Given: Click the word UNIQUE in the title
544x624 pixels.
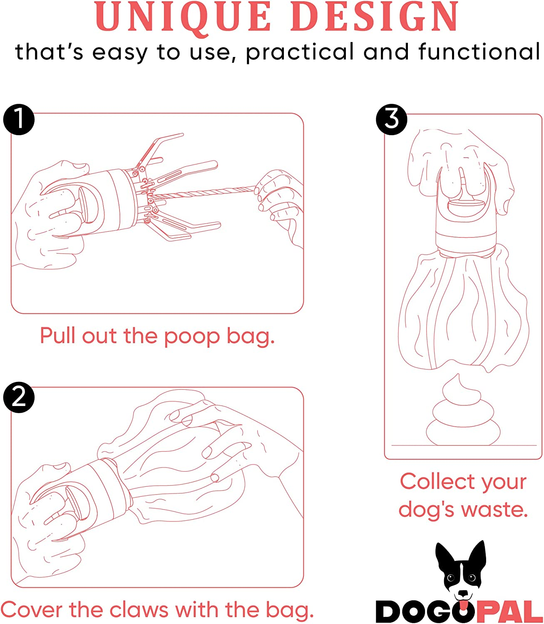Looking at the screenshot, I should coord(184,17).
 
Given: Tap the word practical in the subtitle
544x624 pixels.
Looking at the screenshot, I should coord(300,53).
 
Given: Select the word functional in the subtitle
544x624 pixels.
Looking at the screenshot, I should coord(479,52).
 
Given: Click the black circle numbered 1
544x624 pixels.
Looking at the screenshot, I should coord(19,119).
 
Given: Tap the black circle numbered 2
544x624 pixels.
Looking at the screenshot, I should coord(19,397).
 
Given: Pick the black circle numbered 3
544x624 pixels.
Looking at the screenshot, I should coord(391,119).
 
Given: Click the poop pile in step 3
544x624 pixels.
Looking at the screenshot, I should coord(463,416).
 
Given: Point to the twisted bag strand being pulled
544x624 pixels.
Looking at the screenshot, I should coord(204,193).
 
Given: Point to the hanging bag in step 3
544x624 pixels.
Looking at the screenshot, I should coord(463,312).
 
